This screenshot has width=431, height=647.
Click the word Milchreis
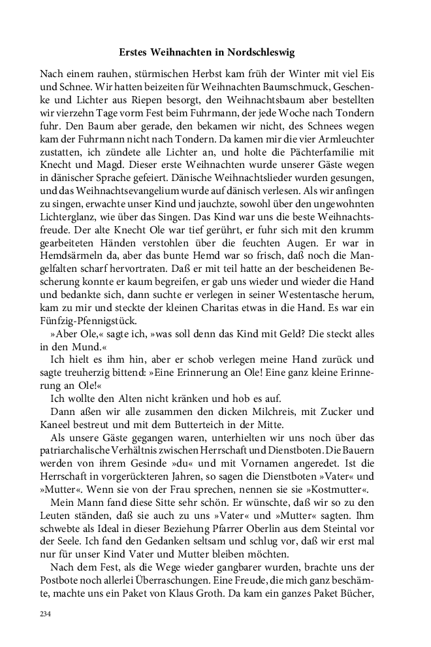(261, 412)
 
